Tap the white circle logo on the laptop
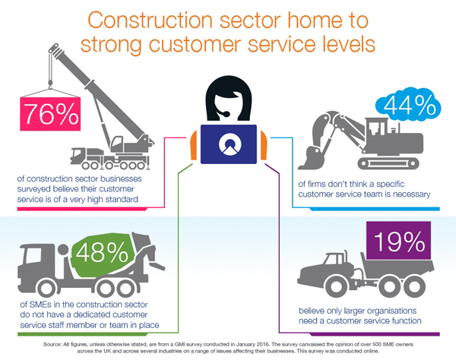228,144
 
